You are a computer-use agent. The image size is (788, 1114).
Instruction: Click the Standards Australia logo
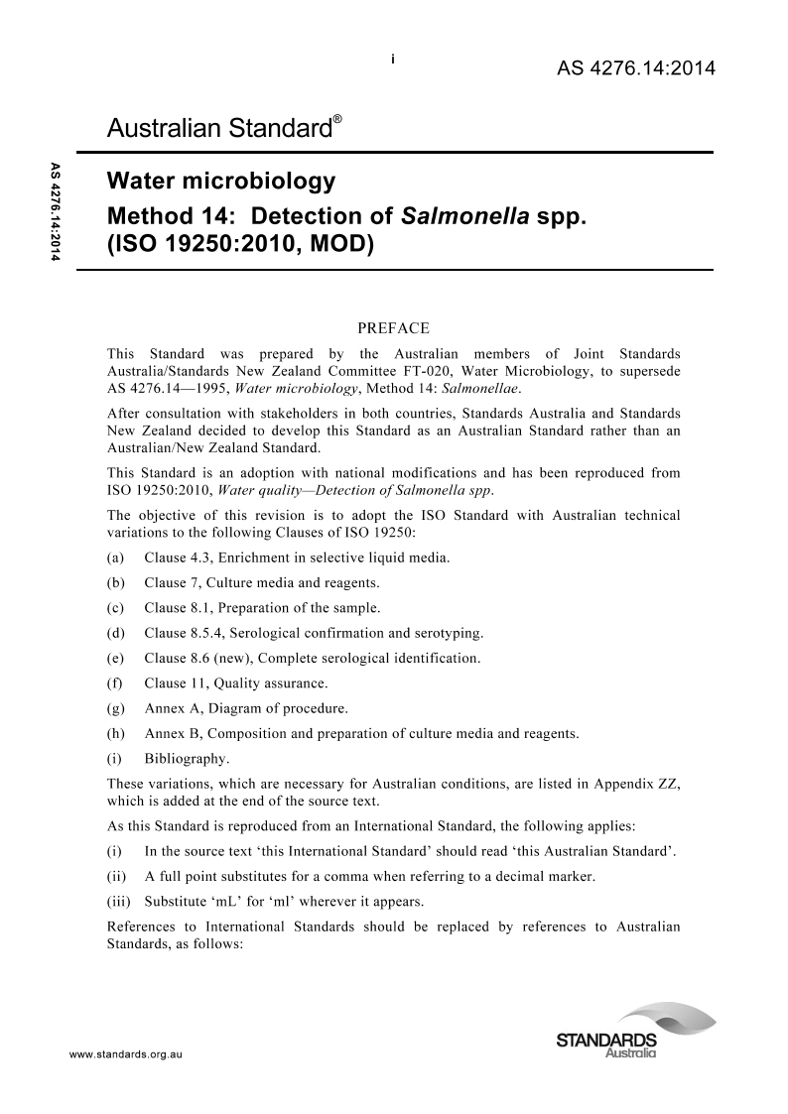[635, 1032]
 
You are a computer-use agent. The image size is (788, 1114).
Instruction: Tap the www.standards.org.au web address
[126, 1052]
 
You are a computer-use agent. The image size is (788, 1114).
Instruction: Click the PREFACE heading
[393, 328]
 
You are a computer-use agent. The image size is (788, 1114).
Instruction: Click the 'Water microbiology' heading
[220, 182]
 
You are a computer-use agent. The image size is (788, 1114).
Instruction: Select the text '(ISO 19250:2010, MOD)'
[238, 244]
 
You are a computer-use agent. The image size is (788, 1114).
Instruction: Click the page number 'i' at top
[394, 60]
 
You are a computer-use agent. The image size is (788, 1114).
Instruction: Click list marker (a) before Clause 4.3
[116, 557]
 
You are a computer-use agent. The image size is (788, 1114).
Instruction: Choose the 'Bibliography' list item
[187, 759]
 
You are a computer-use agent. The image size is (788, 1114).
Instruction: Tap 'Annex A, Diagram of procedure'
[246, 708]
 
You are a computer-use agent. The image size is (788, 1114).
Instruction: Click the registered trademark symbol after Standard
[338, 119]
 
